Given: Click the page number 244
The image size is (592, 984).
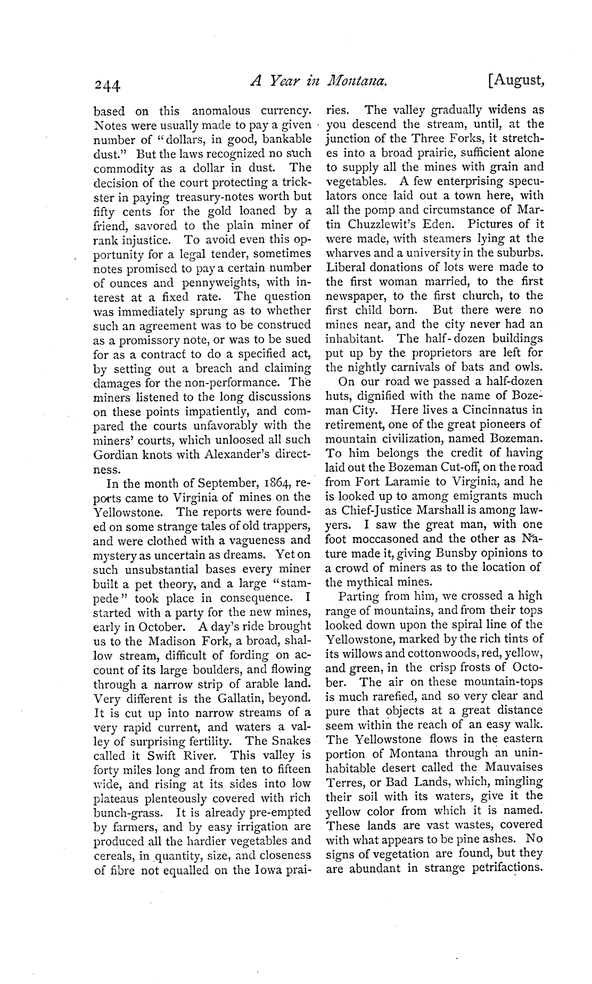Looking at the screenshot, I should (x=108, y=85).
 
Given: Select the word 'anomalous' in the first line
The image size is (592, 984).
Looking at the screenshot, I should (x=221, y=111).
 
